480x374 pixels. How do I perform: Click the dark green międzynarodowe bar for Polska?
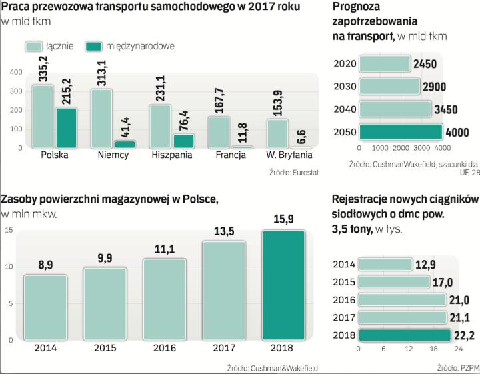pos(67,128)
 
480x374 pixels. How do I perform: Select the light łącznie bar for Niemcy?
pos(101,118)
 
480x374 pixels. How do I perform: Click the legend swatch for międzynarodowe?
pos(95,46)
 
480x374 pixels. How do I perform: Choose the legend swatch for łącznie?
pos(33,46)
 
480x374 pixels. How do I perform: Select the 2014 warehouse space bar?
pos(45,307)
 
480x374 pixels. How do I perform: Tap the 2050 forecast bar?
pos(401,131)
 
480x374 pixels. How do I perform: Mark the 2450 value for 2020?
pos(425,64)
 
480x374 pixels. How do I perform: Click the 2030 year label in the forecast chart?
pos(345,87)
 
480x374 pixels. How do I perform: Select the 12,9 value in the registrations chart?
pos(427,265)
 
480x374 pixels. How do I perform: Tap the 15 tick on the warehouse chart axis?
pos(9,230)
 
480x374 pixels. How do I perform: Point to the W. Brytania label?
pos(289,155)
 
